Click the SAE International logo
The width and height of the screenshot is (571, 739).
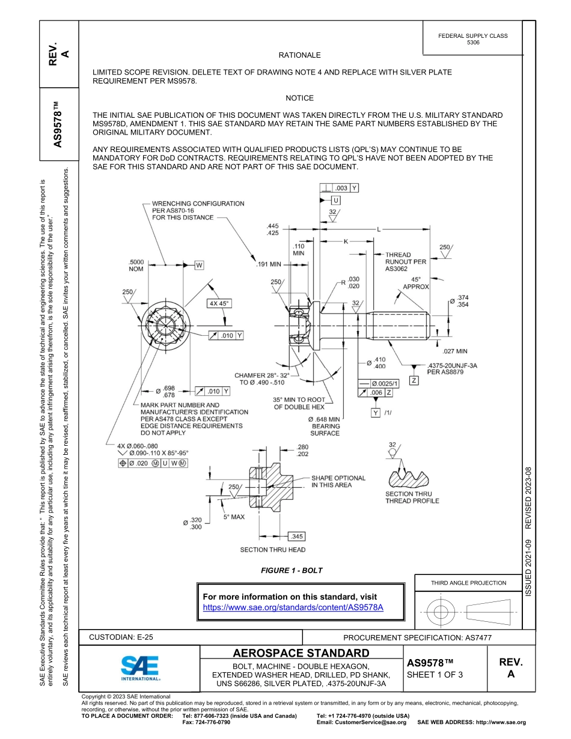[140, 667]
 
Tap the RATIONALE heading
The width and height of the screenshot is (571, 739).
[300, 55]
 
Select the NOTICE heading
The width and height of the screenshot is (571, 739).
[299, 98]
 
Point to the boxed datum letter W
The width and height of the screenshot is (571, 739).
[200, 265]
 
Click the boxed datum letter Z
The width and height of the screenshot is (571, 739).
[414, 380]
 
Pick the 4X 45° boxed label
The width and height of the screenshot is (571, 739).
[220, 303]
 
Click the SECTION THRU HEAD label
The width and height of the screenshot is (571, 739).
[272, 550]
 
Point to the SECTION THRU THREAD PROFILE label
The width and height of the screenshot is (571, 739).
[412, 497]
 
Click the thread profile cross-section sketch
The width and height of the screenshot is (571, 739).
[411, 478]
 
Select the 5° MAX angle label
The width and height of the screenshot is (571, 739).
[234, 517]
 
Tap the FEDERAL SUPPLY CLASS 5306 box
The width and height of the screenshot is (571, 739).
[472, 39]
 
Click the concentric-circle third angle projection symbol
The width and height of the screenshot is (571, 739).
[441, 612]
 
